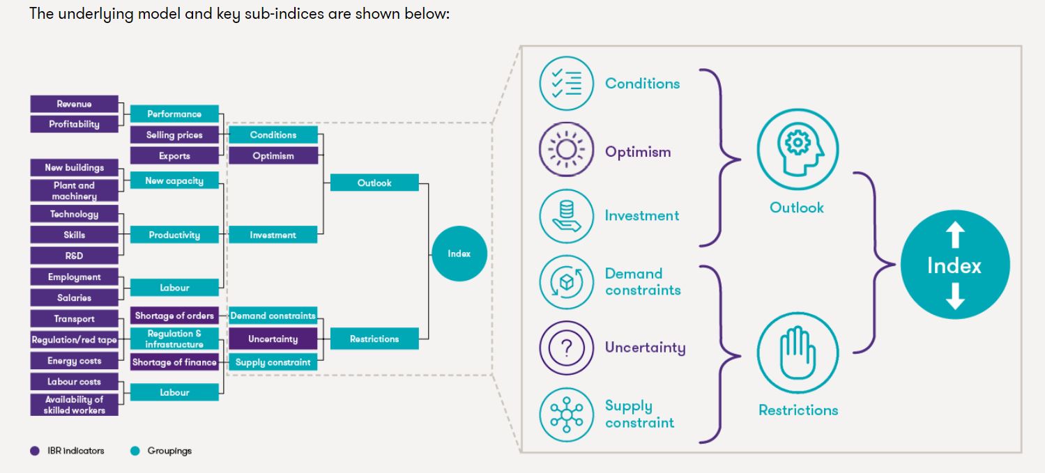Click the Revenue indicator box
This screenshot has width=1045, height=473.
[x=74, y=104]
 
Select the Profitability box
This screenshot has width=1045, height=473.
[x=74, y=124]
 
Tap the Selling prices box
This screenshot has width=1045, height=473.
[x=174, y=135]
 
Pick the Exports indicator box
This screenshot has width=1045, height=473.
[x=174, y=156]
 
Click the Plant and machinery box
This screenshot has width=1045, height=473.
[x=74, y=190]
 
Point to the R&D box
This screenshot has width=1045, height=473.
[x=74, y=256]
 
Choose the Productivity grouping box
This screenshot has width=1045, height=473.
[x=174, y=235]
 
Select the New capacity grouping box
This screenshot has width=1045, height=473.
[x=174, y=180]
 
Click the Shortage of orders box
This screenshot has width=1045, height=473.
[x=174, y=316]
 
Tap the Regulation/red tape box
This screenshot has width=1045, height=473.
[x=74, y=340]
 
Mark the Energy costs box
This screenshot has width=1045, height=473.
[x=74, y=361]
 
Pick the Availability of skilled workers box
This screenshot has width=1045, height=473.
[x=74, y=405]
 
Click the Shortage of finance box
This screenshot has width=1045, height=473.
[x=174, y=362]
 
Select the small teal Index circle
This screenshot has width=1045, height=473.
[x=459, y=254]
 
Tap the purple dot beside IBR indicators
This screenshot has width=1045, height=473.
[x=35, y=451]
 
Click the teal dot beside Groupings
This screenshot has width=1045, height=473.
[x=135, y=451]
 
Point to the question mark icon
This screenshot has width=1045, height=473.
[x=566, y=347]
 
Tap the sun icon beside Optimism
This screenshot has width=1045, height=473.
[x=566, y=150]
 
